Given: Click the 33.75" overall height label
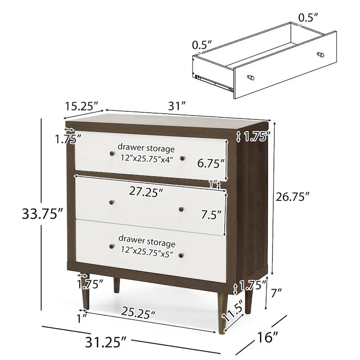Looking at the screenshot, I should [41, 214].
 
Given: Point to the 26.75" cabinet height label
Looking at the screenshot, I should [293, 197].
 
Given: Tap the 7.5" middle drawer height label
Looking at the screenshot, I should [211, 215].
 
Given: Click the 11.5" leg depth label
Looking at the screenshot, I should [238, 308].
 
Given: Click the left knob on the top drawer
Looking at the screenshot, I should [110, 155].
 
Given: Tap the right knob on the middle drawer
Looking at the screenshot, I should [182, 208].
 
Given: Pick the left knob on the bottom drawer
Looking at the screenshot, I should [111, 246].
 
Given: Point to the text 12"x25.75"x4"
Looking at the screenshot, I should [146, 158].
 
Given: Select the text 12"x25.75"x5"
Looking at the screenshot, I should [146, 249].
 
